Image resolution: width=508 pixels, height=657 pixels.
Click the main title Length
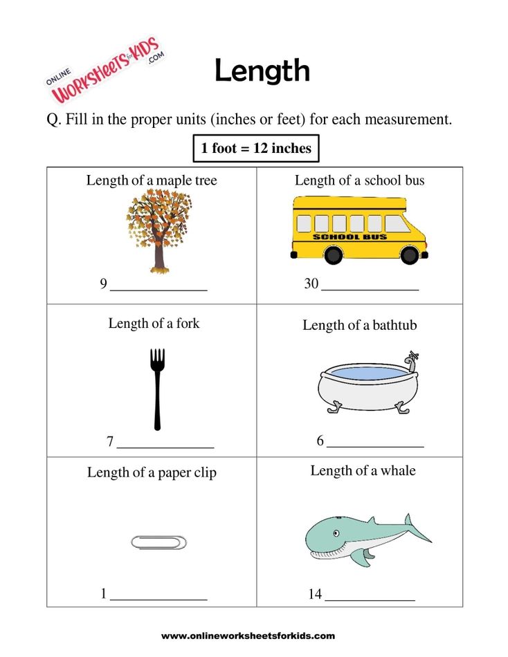[262, 71]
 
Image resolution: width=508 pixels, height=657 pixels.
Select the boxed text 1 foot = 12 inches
[256, 148]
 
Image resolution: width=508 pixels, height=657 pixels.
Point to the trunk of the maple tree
[160, 259]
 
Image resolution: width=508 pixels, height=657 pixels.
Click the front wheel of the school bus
[410, 255]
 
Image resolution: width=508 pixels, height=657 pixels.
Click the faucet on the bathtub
[412, 358]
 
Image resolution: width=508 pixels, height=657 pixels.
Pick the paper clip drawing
[159, 542]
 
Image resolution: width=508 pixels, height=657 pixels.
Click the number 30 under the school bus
[311, 284]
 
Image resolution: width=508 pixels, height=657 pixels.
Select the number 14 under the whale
[316, 593]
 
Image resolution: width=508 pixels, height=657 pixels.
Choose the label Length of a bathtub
[360, 325]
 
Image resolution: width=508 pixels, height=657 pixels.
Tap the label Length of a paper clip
[152, 472]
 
